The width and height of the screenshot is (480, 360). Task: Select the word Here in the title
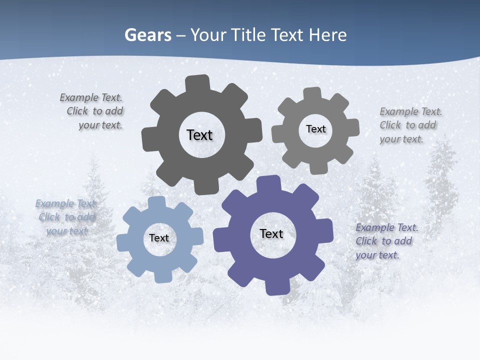tap(327, 35)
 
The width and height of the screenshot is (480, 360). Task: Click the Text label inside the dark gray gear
tap(199, 135)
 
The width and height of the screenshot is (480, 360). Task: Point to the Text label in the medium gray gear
tap(315, 129)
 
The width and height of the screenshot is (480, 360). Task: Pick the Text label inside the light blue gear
tap(159, 238)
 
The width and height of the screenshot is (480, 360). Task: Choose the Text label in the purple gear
tap(271, 233)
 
